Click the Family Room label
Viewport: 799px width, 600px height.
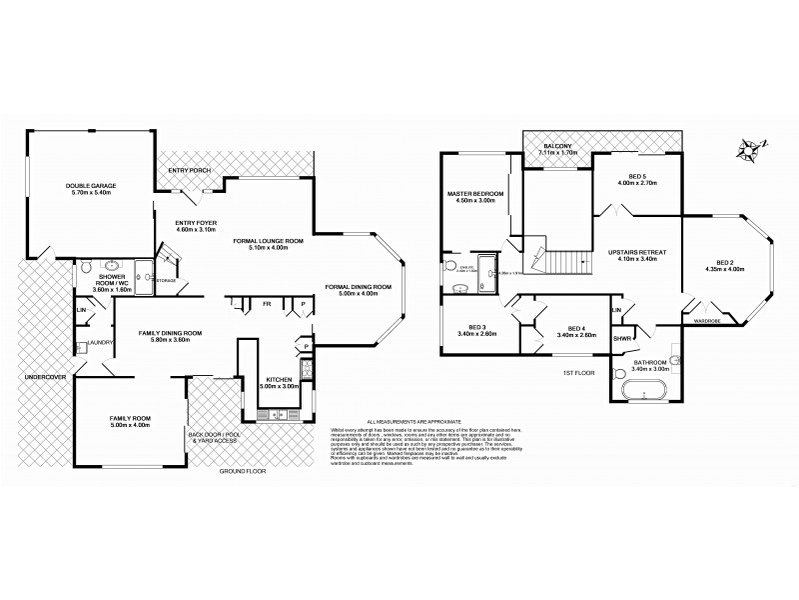coord(129,419)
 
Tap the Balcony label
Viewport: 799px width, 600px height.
coord(557,147)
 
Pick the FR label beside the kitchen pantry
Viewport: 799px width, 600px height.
coord(267,303)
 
